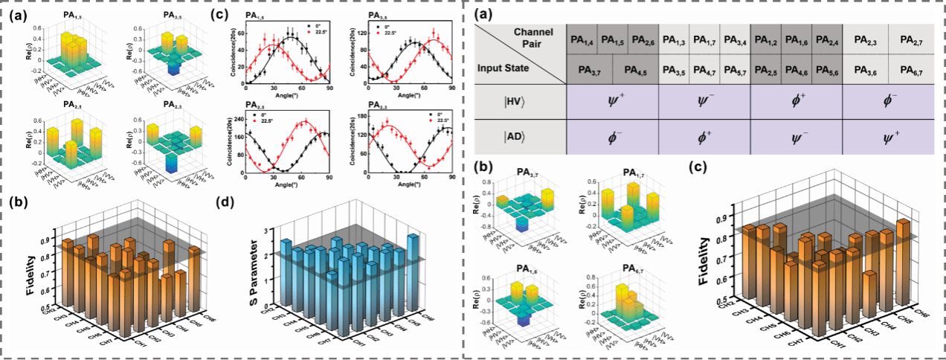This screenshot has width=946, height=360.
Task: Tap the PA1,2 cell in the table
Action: tap(768, 39)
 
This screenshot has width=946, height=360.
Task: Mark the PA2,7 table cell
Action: tap(907, 39)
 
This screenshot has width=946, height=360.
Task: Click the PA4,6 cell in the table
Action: tap(797, 70)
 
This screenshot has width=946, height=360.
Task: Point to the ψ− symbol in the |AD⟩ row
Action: tap(797, 137)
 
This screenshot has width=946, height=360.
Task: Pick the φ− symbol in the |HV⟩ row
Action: tap(887, 101)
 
